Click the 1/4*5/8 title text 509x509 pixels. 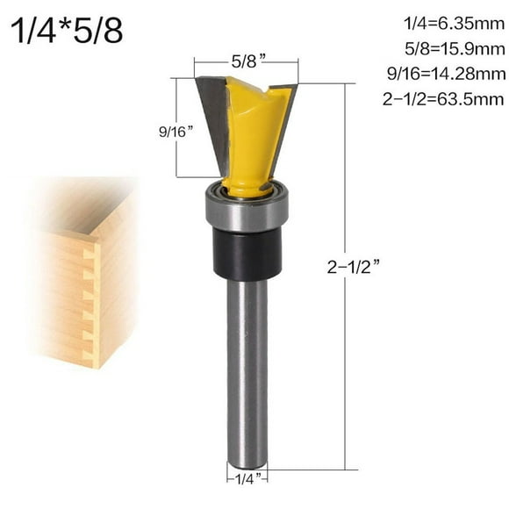pyautogui.click(x=67, y=32)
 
